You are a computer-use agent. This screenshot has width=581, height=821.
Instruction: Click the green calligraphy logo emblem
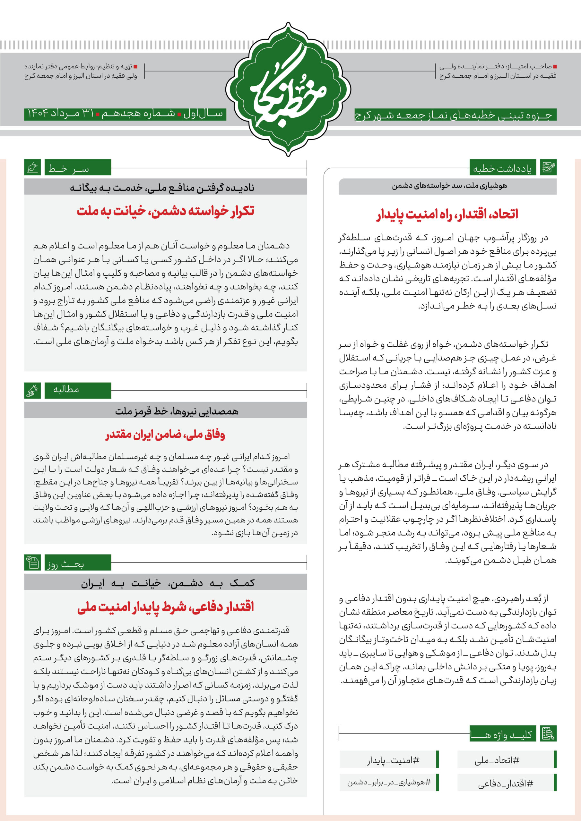click(x=289, y=89)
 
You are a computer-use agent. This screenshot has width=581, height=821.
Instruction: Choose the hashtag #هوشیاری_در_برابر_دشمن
click(x=389, y=783)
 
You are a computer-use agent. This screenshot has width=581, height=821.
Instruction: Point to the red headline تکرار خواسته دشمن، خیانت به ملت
click(x=165, y=211)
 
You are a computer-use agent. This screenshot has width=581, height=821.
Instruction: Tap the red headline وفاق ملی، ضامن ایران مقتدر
click(x=165, y=435)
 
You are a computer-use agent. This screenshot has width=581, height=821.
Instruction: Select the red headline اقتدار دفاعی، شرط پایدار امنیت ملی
click(x=165, y=607)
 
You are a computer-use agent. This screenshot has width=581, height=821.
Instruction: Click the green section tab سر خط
click(x=78, y=168)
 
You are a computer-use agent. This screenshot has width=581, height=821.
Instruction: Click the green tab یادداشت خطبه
click(x=503, y=168)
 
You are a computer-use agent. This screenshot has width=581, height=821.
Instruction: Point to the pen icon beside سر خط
click(x=32, y=167)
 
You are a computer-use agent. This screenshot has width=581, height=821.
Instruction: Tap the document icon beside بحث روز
click(x=32, y=563)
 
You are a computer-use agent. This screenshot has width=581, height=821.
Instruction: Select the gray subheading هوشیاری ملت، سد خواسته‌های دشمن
click(x=449, y=186)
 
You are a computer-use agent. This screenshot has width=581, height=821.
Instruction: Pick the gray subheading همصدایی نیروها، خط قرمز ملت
click(x=177, y=411)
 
